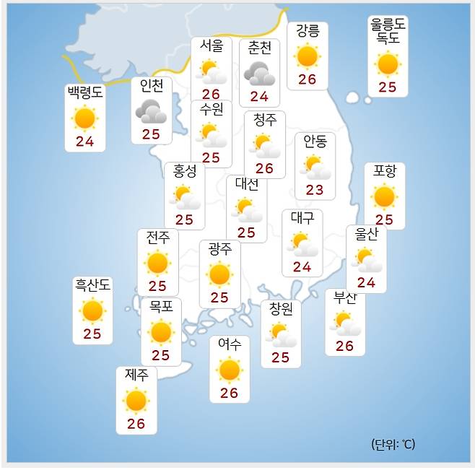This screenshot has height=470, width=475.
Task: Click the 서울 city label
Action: coord(212,46)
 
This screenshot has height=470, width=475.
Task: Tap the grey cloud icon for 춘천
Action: coord(259,73)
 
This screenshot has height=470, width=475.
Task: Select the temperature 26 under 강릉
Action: coord(308,79)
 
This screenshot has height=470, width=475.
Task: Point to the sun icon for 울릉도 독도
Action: coord(388,64)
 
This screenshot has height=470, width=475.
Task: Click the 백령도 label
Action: coord(85,93)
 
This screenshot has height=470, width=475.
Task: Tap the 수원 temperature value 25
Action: coord(211,157)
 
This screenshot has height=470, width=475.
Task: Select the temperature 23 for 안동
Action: coord(315,190)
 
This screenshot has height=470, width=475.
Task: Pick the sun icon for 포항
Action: coord(384,196)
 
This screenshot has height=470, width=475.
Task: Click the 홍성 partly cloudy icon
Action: coord(184,196)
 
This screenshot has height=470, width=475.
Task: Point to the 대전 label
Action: coord(246,184)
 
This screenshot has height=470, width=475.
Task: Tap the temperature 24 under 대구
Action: coord(302,267)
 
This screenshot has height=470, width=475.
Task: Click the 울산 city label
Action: coord(366,235)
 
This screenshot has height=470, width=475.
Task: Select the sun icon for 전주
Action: coord(157,263)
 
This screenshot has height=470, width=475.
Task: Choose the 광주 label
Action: coord(219,250)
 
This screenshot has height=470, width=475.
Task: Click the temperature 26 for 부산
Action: coord(344,346)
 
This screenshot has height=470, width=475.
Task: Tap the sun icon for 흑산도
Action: coord(92,311)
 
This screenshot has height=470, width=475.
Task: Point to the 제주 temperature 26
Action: coord(136,424)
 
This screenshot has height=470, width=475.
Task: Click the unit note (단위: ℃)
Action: coord(393,444)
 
